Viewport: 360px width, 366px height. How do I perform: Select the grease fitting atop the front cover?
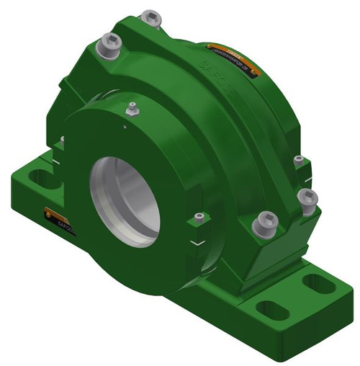(131, 110)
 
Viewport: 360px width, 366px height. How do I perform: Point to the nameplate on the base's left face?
(55, 216)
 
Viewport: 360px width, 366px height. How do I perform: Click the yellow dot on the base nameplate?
(48, 211)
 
